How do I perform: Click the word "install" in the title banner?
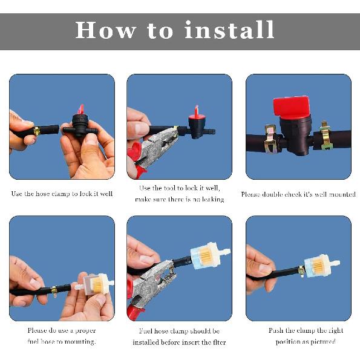(x=229, y=30)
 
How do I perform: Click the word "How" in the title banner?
(x=105, y=30)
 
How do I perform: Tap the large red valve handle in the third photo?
(x=291, y=107)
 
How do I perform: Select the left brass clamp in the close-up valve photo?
(x=270, y=139)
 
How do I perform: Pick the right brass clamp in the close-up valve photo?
(x=326, y=136)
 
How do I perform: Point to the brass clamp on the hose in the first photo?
(x=37, y=131)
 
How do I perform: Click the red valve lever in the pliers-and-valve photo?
(x=197, y=112)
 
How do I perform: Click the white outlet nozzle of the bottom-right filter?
(x=335, y=263)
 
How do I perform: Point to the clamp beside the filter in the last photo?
(x=301, y=271)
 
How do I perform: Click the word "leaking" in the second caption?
(x=213, y=199)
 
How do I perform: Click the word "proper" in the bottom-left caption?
(x=85, y=331)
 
